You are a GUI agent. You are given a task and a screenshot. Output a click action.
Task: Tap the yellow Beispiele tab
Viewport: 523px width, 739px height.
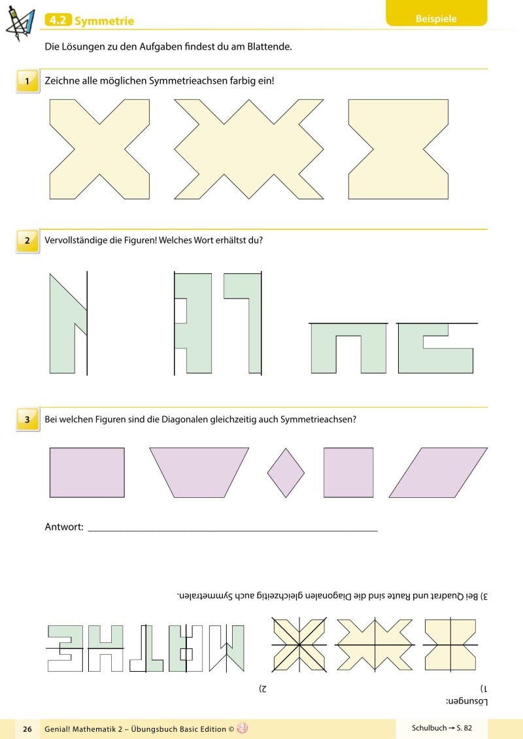click(436, 15)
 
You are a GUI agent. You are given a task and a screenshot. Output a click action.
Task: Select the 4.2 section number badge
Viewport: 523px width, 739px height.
click(58, 20)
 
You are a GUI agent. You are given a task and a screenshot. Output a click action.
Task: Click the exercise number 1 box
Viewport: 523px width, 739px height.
click(27, 81)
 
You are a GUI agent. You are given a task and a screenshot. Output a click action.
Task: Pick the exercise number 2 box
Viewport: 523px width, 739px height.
click(27, 241)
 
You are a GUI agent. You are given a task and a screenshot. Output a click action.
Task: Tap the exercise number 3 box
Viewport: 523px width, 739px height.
click(27, 419)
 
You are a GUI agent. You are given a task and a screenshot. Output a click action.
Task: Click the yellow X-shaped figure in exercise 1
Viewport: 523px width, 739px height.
click(99, 149)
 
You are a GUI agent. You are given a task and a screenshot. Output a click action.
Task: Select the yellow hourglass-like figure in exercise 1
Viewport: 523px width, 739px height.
click(398, 149)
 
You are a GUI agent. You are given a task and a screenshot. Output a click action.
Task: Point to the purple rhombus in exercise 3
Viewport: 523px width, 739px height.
click(286, 472)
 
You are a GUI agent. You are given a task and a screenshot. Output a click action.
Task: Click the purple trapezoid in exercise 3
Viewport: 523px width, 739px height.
click(199, 472)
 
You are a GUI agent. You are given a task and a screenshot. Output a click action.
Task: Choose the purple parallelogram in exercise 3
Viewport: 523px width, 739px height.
click(438, 472)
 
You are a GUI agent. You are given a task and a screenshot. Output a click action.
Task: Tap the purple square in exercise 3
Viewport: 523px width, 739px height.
click(348, 472)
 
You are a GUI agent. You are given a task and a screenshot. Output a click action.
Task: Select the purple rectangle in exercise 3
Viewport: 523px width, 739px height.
click(87, 472)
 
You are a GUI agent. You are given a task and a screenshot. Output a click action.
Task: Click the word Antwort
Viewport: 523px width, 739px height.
click(64, 527)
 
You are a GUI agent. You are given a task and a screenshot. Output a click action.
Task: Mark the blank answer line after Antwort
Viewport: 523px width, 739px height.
click(233, 531)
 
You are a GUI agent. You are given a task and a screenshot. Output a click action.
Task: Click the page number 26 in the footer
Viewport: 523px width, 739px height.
click(27, 729)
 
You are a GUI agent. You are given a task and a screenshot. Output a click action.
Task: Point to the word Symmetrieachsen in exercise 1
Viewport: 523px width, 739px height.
click(188, 80)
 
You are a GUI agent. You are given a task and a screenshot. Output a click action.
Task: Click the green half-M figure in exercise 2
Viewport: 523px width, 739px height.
click(68, 324)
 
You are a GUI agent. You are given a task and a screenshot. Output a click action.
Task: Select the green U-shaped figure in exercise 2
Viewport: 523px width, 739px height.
click(348, 348)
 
